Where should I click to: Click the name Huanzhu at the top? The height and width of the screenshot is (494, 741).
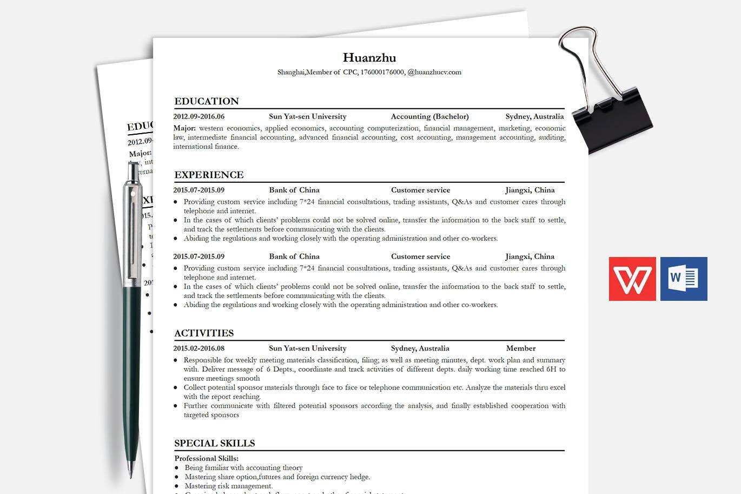(369, 57)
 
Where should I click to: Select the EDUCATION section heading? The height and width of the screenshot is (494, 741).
(206, 101)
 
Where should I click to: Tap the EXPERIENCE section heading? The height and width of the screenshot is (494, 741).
(209, 175)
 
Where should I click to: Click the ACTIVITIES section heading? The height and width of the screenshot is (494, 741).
(204, 333)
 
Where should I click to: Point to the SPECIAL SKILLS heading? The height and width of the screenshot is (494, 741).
(214, 443)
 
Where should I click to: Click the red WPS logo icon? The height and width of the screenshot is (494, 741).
(632, 279)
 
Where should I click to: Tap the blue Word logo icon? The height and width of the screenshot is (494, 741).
(684, 279)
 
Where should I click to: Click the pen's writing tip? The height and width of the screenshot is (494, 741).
(130, 474)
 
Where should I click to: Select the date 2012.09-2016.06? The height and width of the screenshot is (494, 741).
(199, 116)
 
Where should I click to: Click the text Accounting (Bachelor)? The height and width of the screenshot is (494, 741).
(429, 116)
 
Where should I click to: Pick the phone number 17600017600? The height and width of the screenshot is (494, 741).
(382, 72)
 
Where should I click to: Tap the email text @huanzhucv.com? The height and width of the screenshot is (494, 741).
(434, 72)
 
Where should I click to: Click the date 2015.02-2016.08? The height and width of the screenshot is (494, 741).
(199, 348)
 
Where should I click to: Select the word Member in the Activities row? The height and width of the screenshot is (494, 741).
(520, 348)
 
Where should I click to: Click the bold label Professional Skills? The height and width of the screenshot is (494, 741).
(206, 458)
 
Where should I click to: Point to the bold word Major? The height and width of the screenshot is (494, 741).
(184, 128)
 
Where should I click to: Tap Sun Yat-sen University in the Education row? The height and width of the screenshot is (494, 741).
(307, 116)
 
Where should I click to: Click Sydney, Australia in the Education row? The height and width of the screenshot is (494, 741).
(534, 116)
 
